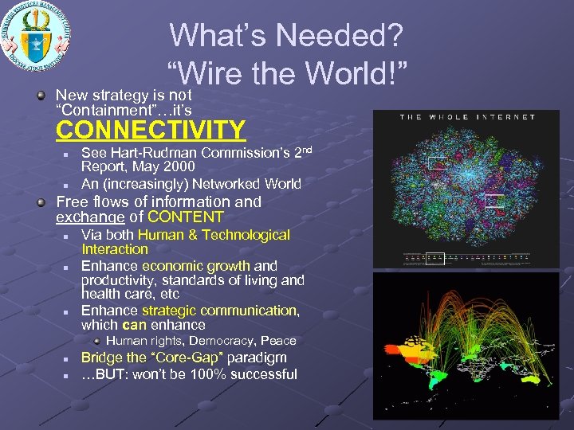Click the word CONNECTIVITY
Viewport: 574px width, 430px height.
click(150, 129)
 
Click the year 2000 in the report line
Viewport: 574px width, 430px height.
click(179, 166)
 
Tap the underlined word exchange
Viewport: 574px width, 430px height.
click(89, 217)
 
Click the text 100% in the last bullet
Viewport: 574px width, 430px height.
click(202, 374)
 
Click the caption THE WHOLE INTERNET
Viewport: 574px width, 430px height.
click(467, 117)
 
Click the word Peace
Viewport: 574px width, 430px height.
click(278, 341)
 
